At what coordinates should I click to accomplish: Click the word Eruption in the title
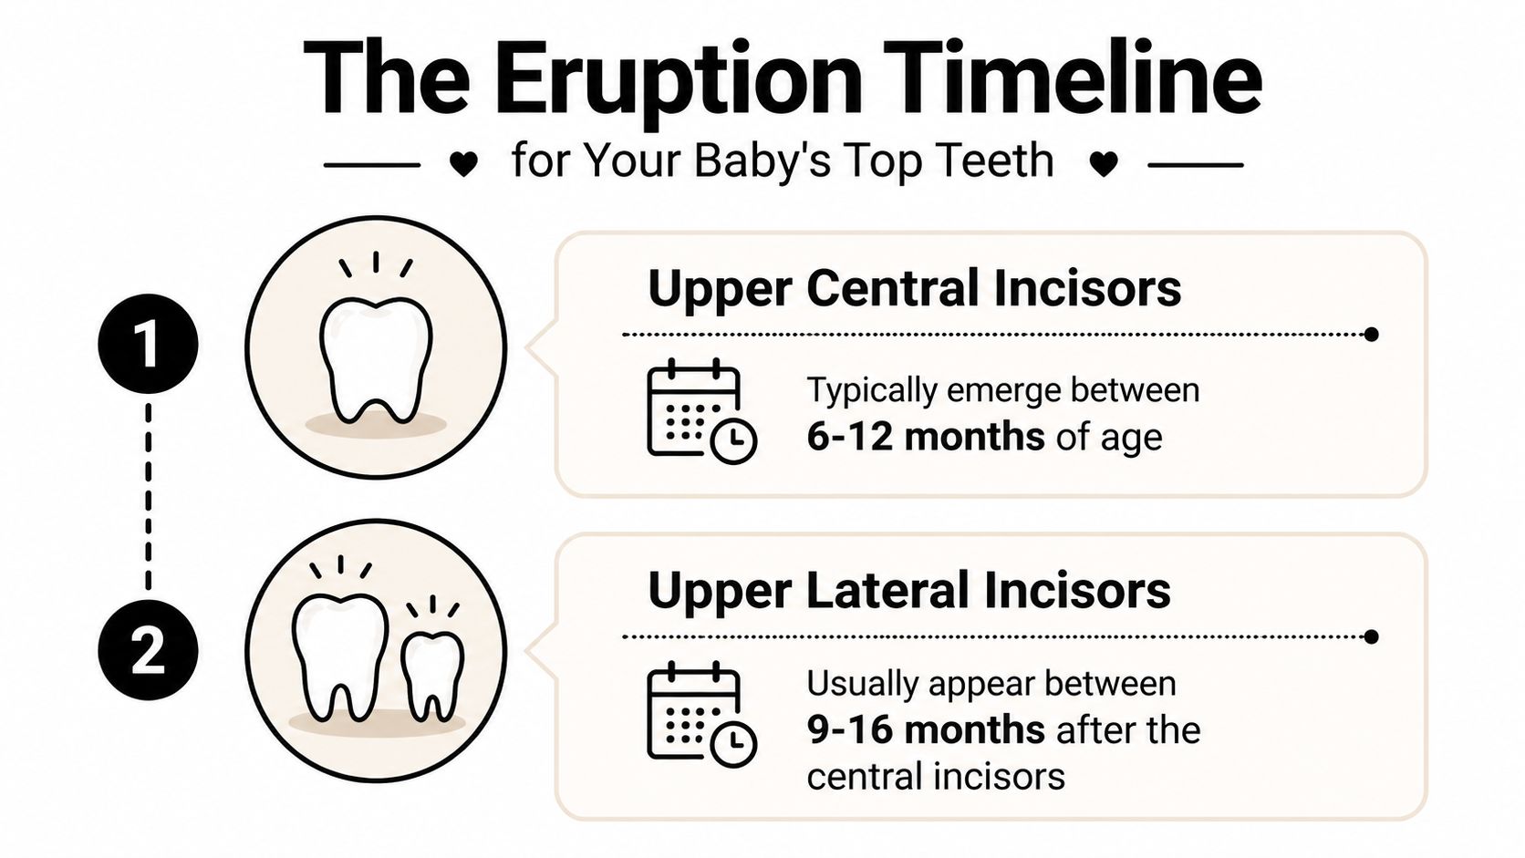679,80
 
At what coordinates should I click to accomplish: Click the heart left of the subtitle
464,165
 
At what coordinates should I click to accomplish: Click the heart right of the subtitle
1104,165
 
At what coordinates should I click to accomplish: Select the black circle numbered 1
148,345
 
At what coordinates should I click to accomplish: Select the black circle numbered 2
148,651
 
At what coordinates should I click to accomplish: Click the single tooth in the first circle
376,360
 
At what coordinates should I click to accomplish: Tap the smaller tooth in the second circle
432,675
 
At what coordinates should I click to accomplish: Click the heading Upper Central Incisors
914,288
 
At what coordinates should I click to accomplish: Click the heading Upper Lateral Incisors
908,591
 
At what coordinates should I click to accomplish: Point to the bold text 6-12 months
925,437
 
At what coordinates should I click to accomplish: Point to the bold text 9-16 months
925,730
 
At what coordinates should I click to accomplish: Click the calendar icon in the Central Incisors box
699,411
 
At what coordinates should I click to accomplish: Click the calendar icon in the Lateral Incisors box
699,714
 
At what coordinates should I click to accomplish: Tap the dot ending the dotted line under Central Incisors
1371,335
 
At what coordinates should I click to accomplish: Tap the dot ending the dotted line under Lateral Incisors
1371,636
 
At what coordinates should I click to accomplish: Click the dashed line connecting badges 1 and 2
149,497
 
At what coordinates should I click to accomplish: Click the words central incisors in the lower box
935,778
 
